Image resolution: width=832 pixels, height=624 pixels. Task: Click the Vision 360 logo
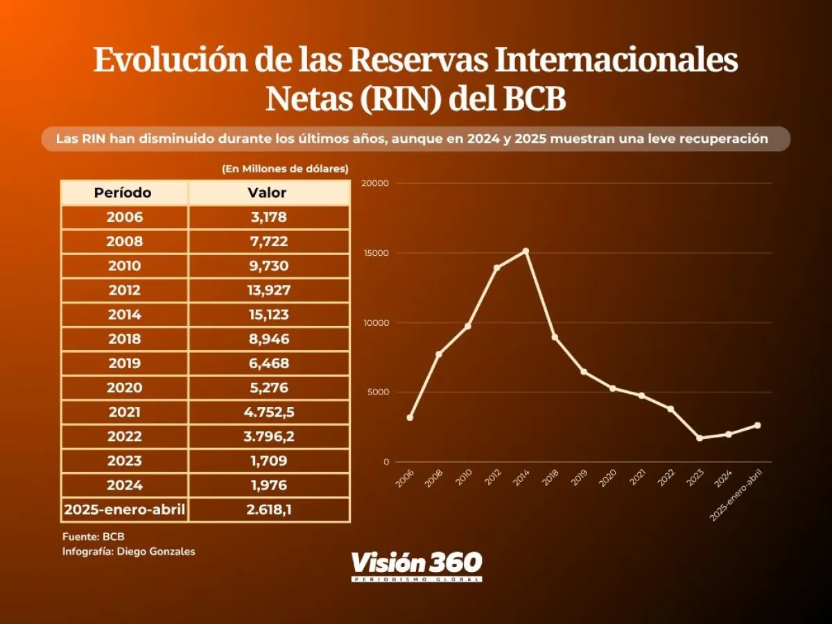[x=416, y=565]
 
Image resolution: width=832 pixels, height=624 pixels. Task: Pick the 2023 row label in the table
[x=125, y=461]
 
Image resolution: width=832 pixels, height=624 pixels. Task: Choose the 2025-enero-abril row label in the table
[x=125, y=510]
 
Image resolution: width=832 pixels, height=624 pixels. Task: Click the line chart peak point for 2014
[x=526, y=251]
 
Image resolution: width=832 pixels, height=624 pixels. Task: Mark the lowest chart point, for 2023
[x=700, y=438]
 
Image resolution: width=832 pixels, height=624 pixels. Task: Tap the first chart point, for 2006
[x=410, y=417]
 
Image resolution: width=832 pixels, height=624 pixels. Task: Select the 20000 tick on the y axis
[x=376, y=183]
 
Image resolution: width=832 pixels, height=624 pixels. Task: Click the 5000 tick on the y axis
[x=378, y=392]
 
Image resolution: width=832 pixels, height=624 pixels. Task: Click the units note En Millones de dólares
[x=285, y=168]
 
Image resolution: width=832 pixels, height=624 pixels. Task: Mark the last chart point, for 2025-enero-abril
[x=757, y=425]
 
